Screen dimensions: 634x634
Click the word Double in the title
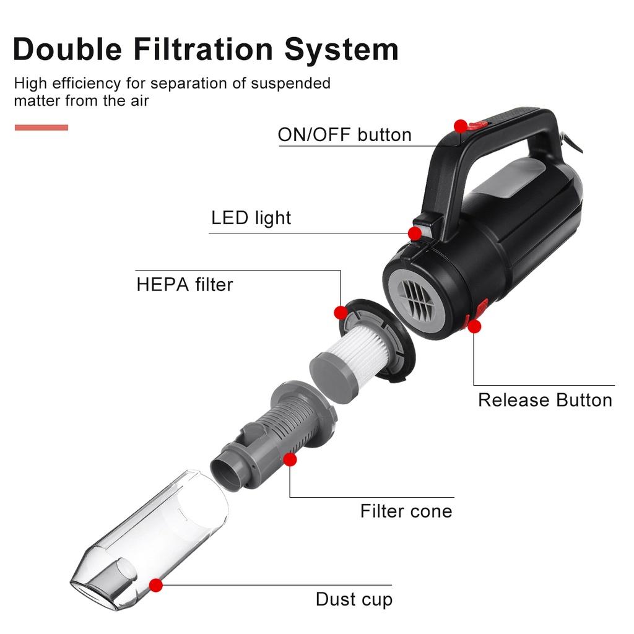(67, 50)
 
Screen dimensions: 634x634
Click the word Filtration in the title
(202, 50)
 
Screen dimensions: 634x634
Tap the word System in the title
(341, 50)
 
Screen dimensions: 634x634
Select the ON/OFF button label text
(344, 135)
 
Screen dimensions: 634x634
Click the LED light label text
(251, 218)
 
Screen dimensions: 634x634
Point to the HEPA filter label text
(185, 285)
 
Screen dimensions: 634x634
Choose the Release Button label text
(545, 400)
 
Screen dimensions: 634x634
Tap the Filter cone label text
(406, 511)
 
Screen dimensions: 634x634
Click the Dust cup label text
(354, 599)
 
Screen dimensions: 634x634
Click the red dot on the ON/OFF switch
(460, 126)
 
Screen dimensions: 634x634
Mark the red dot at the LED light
(414, 233)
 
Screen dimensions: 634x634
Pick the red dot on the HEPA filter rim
(340, 312)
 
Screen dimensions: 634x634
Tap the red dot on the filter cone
(289, 459)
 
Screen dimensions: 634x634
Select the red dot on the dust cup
(156, 584)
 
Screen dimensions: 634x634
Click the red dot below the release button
(474, 326)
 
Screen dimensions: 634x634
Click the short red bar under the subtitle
(41, 128)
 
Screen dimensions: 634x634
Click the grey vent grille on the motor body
(416, 300)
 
